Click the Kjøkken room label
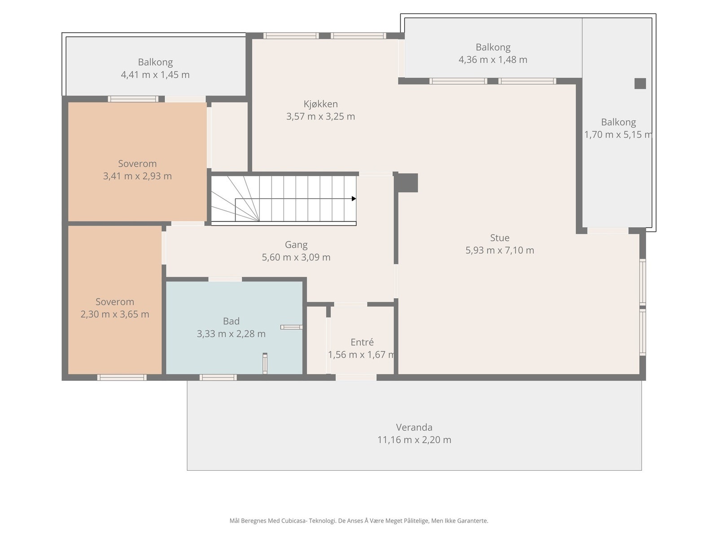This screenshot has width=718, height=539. click(x=320, y=104)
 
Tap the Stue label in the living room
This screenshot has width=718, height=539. click(x=499, y=238)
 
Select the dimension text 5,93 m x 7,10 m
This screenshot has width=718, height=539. click(x=499, y=250)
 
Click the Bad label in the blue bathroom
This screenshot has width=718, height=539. click(x=231, y=321)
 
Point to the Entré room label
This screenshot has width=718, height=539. click(x=362, y=342)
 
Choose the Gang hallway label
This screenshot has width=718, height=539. click(x=296, y=245)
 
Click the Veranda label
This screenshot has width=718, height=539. click(x=414, y=427)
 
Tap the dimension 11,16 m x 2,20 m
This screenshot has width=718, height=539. click(x=414, y=440)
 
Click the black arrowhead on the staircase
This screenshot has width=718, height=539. click(x=354, y=199)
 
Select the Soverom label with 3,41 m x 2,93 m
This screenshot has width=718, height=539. click(x=137, y=163)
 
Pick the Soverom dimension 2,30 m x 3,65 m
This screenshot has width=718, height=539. click(x=115, y=314)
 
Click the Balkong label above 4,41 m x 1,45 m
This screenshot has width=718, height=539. click(x=155, y=62)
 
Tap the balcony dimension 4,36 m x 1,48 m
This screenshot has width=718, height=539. click(x=493, y=60)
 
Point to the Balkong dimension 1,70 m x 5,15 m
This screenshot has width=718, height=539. click(x=618, y=134)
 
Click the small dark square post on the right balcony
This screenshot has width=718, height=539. click(x=640, y=84)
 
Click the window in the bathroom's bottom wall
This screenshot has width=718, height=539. click(x=218, y=377)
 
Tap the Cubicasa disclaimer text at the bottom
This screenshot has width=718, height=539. click(x=359, y=521)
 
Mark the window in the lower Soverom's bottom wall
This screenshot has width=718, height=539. click(x=122, y=377)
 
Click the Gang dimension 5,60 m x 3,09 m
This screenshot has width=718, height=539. click(x=296, y=257)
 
